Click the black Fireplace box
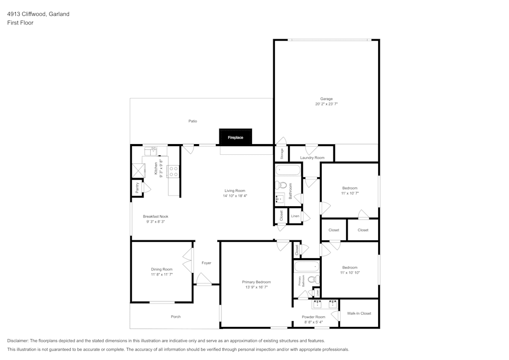[x=236, y=137]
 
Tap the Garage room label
[x=326, y=99]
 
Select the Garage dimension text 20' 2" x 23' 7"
[x=326, y=104]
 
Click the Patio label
[x=193, y=121]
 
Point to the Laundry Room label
[x=312, y=158]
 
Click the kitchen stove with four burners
[x=173, y=172]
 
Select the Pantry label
[x=137, y=187]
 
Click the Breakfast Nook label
[x=156, y=216]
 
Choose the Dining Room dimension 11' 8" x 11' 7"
[x=161, y=274]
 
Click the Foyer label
[x=206, y=263]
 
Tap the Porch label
[x=176, y=317]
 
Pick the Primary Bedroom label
[x=256, y=282]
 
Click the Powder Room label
[x=314, y=317]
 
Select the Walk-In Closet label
[x=359, y=313]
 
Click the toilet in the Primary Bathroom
[x=316, y=279]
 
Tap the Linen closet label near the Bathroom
[x=295, y=216]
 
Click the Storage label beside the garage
[x=281, y=153]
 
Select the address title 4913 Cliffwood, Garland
[x=38, y=14]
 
